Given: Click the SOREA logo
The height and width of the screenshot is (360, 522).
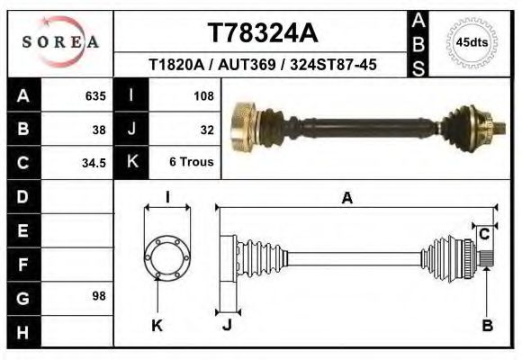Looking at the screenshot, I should point(59,42).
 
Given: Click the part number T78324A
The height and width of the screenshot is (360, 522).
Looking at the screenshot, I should point(263,33).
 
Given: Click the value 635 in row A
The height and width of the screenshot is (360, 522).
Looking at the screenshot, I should point(95,95).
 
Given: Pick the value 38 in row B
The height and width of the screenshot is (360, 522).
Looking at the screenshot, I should point(100,129).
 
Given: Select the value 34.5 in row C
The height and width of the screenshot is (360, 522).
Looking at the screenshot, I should point(95,163).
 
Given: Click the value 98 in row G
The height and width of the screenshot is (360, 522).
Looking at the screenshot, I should point(100,296).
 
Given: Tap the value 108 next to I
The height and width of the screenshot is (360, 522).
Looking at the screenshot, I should point(202,95).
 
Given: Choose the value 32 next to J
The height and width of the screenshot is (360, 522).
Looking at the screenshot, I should point(207,129).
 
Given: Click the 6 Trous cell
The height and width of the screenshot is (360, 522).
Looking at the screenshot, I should point(192,163).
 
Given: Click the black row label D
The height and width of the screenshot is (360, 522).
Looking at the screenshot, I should point(23,196).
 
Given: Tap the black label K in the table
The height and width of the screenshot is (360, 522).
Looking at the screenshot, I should point(131,163).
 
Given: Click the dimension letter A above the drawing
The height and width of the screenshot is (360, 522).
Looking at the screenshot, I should point(346,199).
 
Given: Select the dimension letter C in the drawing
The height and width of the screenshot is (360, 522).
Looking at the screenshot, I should point(483,234).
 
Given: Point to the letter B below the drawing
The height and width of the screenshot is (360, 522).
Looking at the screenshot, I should point(487,327).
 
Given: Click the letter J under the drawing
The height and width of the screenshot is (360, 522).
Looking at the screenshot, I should point(226,326).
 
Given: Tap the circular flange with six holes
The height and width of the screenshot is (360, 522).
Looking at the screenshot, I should point(167,257).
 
